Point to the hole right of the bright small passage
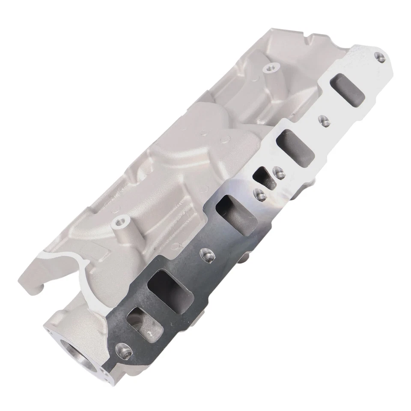click(279, 172)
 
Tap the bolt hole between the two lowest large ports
click(206, 255)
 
